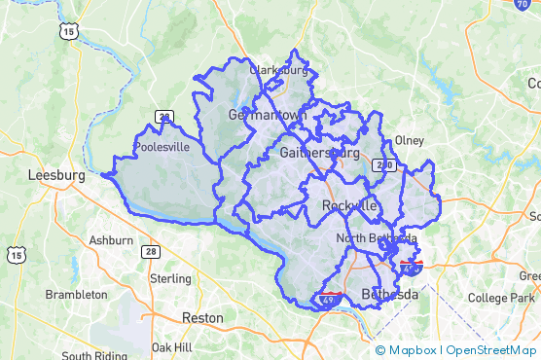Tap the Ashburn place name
coord(111,239)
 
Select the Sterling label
coord(170,278)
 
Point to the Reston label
coord(202,317)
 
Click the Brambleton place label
coord(76,294)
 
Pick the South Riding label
coord(94,355)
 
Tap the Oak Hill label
coord(172,346)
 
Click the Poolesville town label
coord(162,149)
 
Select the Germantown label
coord(267,114)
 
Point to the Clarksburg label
coord(278,70)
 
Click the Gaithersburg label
coord(319,153)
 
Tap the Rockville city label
coord(348,205)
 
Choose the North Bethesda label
coord(377,238)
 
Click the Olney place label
coord(410,140)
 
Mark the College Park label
coord(495,298)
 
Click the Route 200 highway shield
coord(385,166)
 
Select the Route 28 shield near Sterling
coord(152,251)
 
